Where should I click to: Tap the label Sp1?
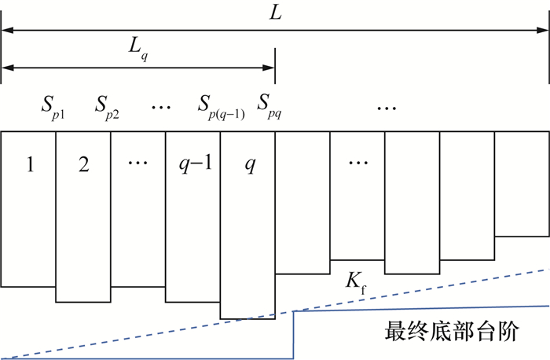[x=53, y=106]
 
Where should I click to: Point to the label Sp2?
[x=108, y=106]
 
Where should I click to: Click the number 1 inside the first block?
[x=28, y=167]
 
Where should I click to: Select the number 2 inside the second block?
[x=83, y=167]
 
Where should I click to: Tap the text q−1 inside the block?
[x=192, y=167]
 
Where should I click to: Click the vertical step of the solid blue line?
[x=294, y=334]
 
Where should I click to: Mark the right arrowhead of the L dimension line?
[x=544, y=30]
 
